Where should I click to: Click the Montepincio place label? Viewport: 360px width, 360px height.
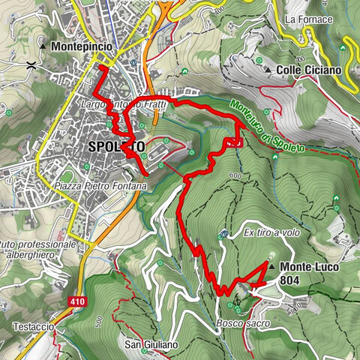(82, 46)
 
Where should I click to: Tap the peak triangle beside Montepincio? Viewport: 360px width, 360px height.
(43, 46)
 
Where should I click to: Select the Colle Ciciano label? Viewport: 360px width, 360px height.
(308, 70)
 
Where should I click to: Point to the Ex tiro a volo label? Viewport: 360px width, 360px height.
(265, 233)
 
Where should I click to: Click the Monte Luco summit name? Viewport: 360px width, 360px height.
(308, 266)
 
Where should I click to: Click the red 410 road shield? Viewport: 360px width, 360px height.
(81, 301)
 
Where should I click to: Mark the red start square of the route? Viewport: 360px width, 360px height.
(103, 70)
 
